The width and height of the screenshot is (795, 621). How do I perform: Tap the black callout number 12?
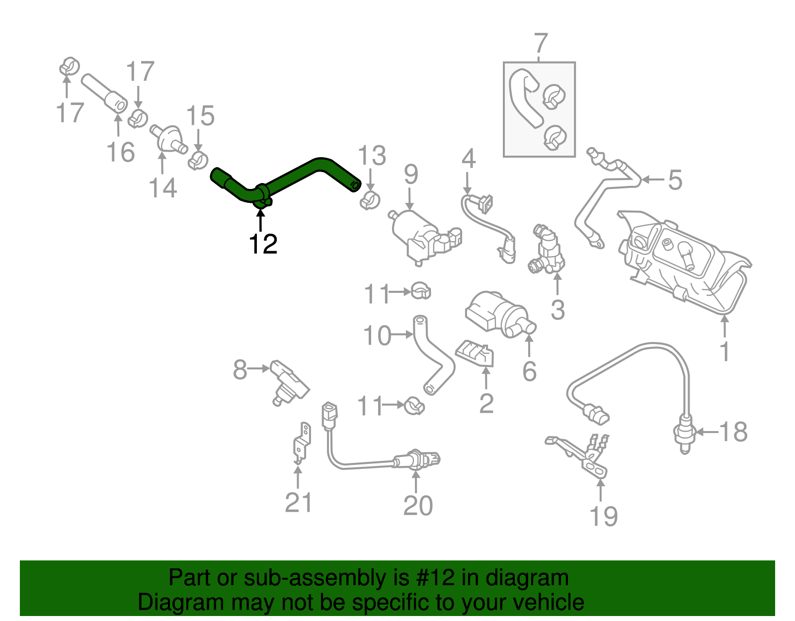(263, 244)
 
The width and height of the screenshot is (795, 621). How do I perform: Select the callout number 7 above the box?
(540, 44)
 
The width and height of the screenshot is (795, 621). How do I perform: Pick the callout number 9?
(410, 175)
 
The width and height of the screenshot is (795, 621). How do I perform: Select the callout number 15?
(200, 116)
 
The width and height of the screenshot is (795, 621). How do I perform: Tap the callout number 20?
(418, 506)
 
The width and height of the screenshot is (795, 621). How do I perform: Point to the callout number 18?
(733, 432)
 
